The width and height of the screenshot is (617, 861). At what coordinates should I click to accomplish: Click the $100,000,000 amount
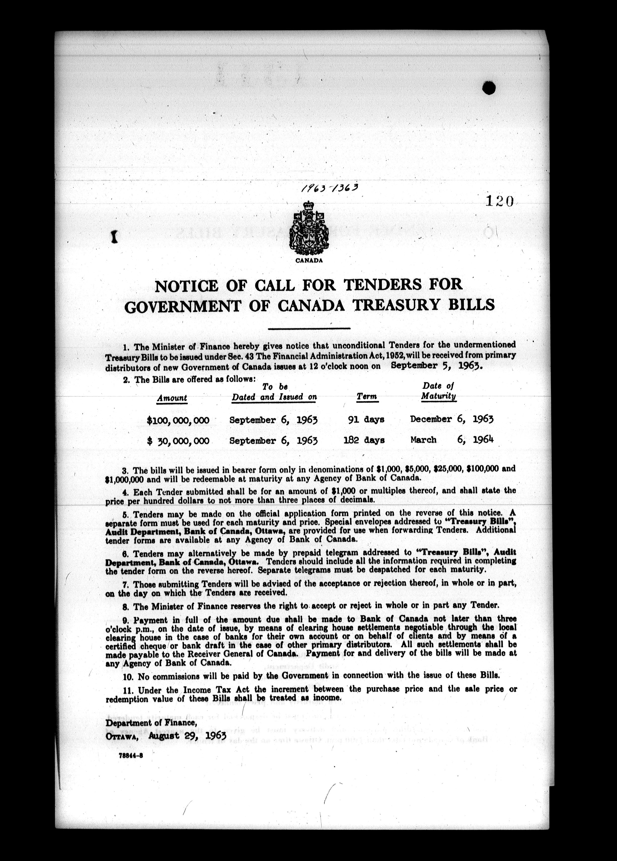point(178,420)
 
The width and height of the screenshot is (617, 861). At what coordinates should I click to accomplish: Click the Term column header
point(367,397)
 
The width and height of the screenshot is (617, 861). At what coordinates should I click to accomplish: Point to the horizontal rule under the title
point(309,328)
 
